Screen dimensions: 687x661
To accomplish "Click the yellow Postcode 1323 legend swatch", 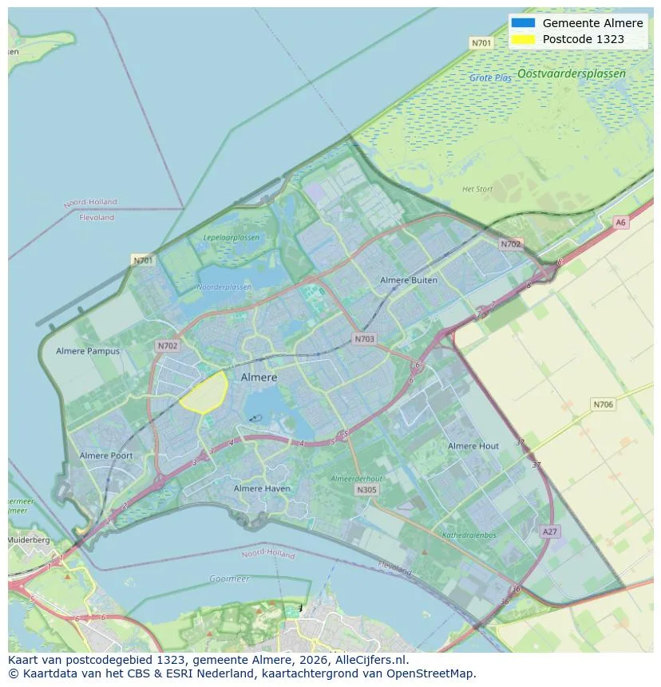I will [523, 38].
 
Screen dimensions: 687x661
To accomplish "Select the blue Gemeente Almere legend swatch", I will [523, 23].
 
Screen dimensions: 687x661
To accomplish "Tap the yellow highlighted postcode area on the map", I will [204, 391].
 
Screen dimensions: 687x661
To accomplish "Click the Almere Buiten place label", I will [409, 280].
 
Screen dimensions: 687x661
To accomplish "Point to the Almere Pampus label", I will [88, 351].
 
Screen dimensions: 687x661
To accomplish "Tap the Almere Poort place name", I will [106, 456].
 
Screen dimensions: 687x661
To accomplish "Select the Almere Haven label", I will [262, 488].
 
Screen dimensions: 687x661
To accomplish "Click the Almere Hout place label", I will [473, 446].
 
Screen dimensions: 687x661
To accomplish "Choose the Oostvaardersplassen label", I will [571, 73].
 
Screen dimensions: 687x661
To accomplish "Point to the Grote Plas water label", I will [490, 78].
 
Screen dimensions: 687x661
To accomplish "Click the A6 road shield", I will [620, 223].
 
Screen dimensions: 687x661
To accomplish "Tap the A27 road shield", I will [549, 531].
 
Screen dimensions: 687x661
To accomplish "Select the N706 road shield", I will [604, 405].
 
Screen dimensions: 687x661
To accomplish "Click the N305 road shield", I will [366, 490].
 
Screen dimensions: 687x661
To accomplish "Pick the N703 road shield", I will [364, 339].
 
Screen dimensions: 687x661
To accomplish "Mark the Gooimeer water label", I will [229, 578].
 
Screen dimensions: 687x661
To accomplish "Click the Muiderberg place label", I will [29, 540].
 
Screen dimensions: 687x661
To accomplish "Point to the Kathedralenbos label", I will [469, 535].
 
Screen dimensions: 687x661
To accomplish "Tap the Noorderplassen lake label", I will [224, 286].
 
